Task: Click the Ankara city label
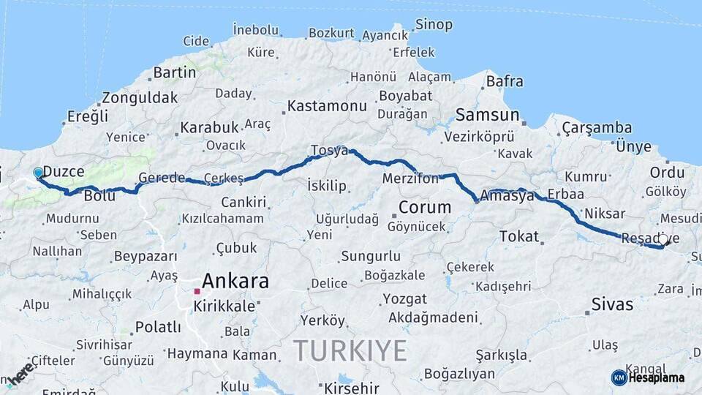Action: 235,281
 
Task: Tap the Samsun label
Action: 487,115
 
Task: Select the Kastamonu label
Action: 327,106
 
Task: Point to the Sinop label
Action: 434,24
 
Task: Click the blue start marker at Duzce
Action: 38,173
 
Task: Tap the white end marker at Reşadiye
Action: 663,238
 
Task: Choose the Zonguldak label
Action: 140,97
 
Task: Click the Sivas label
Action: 612,303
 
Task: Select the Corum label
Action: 424,207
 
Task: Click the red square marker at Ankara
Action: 197,291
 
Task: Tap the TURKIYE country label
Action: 350,351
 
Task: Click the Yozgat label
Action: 404,298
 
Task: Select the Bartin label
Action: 175,72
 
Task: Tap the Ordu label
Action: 667,173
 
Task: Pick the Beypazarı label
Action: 146,256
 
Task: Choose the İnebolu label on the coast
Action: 256,30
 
